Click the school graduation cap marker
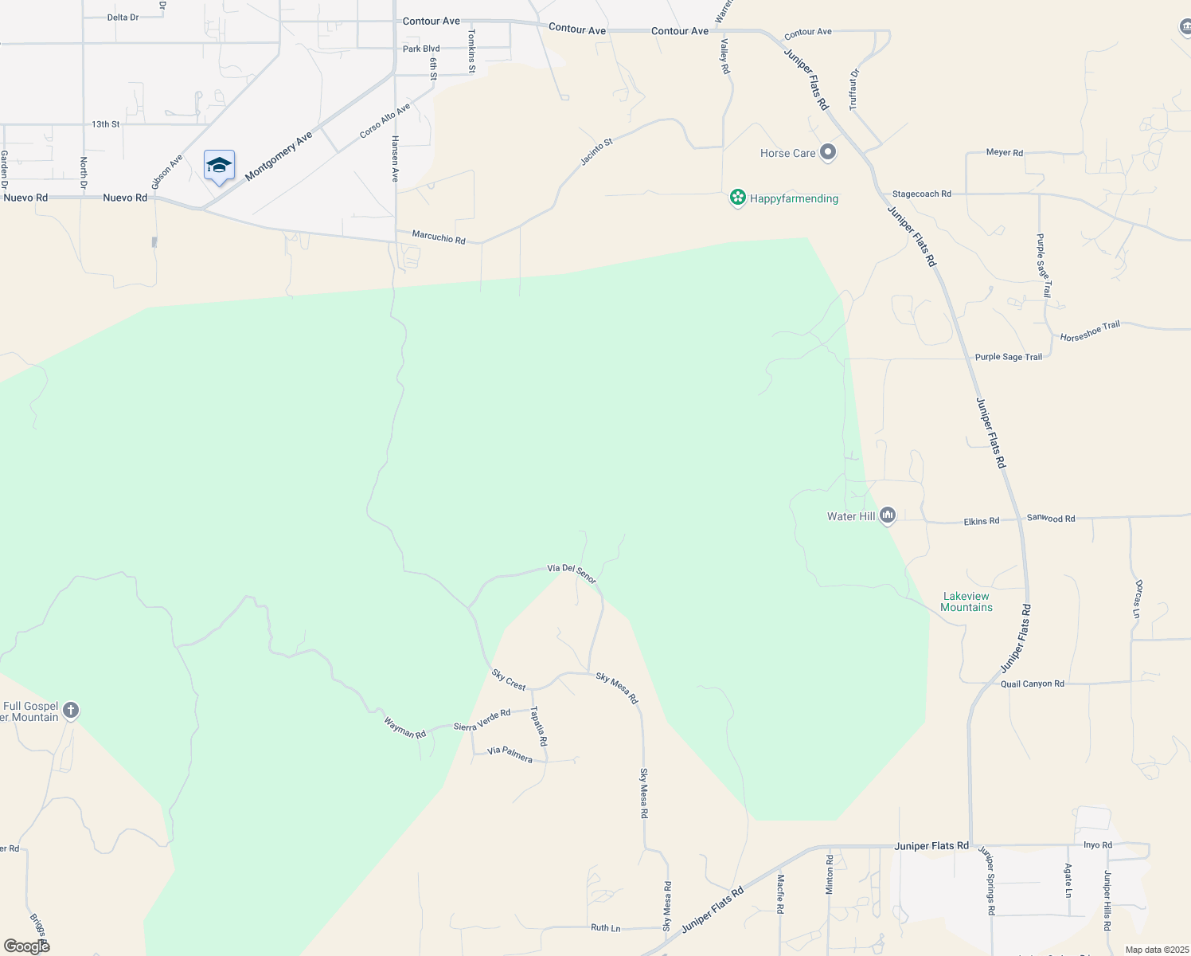219,166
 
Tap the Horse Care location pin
828,152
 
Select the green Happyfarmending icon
737,198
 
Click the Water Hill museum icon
888,515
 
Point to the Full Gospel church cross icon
71,710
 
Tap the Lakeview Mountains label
966,601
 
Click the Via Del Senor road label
572,573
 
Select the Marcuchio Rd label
439,237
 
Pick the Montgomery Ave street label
279,157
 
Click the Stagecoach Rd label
921,194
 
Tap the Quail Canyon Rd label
1032,684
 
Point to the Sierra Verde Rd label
482,720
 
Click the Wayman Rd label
404,727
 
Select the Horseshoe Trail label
1090,331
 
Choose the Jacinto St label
596,151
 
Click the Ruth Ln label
605,927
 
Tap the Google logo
26,946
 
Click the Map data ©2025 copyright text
1157,950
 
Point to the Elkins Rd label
981,521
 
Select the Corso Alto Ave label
385,120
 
